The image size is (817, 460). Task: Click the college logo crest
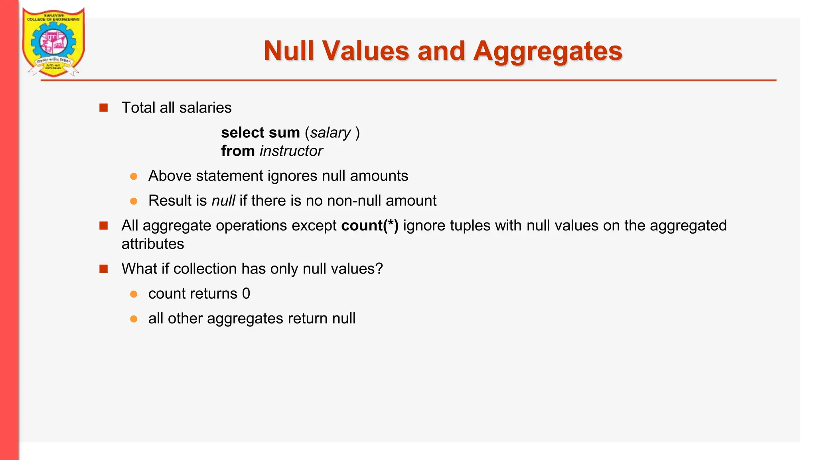pos(53,42)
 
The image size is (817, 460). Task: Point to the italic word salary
pos(330,133)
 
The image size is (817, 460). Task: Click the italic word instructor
pos(291,151)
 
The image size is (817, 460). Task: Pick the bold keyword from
pos(238,151)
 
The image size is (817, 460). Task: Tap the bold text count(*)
pos(370,226)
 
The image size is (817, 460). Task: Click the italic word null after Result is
pos(223,200)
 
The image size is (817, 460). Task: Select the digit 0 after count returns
pos(246,294)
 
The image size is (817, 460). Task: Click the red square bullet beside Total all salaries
pos(104,108)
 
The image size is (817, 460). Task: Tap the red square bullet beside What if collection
pos(104,269)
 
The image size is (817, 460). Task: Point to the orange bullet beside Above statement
pos(134,176)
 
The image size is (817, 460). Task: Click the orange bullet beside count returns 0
pos(134,294)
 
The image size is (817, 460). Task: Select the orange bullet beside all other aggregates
pos(134,319)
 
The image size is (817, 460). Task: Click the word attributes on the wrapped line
pos(153,244)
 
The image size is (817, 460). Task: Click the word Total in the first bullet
pos(138,108)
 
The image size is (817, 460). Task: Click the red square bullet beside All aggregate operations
pos(104,226)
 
